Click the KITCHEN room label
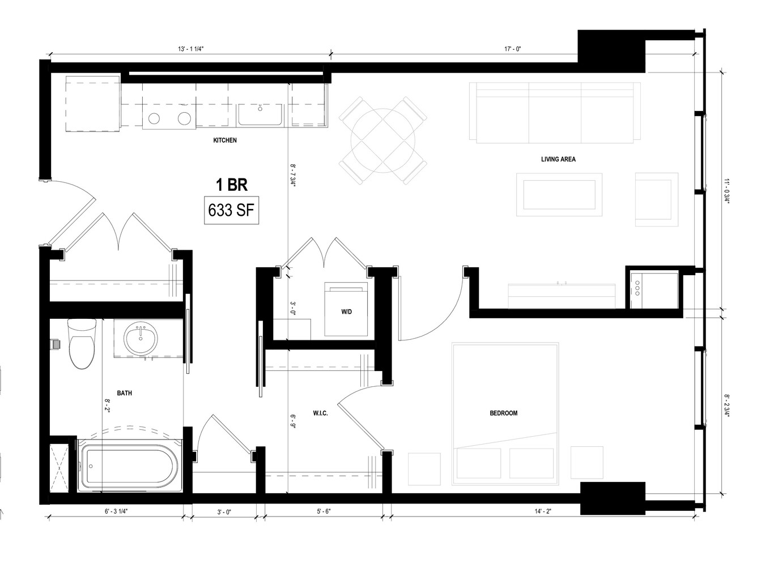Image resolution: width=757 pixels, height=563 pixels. [x=224, y=140]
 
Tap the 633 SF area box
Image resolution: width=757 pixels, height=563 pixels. [x=231, y=210]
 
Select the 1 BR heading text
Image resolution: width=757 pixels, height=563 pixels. [x=231, y=185]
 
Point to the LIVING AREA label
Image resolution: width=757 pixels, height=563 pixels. [x=558, y=159]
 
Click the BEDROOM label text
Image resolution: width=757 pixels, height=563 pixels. [x=503, y=413]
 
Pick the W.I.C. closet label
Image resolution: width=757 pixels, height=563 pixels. [x=320, y=413]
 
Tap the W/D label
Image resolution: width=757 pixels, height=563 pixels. [x=346, y=312]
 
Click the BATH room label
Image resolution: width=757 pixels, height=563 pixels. [x=124, y=393]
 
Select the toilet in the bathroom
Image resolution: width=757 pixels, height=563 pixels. [x=82, y=344]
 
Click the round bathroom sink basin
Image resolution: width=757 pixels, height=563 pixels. [x=141, y=339]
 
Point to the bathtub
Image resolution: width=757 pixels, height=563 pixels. [x=130, y=466]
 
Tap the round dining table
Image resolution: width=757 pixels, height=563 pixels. [x=383, y=140]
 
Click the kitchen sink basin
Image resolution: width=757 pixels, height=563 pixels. [x=261, y=115]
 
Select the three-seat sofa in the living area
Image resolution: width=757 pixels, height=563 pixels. [x=555, y=113]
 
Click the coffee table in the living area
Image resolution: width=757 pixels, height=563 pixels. [x=559, y=194]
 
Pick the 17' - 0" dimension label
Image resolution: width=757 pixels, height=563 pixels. [x=513, y=49]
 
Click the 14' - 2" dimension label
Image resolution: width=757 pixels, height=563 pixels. [x=543, y=511]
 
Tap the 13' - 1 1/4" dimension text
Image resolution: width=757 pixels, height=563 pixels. [x=190, y=49]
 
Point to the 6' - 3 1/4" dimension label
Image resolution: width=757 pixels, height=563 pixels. [x=116, y=511]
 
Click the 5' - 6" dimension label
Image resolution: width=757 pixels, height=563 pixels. [x=324, y=511]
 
